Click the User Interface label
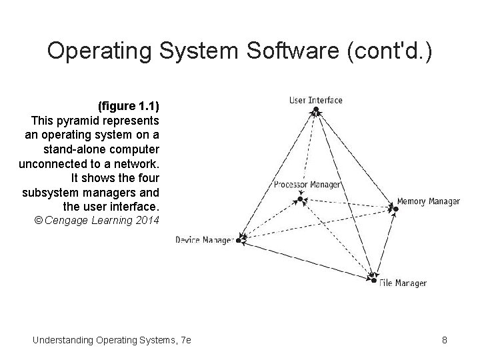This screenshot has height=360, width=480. [x=315, y=101]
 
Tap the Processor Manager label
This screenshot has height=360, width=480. [x=307, y=185]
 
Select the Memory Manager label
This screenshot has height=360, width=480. [x=428, y=201]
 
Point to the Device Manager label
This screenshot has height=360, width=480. [x=203, y=240]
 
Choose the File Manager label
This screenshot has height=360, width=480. [x=403, y=283]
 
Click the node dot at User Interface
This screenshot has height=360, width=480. [x=316, y=111]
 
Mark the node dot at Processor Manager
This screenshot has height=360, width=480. [x=301, y=199]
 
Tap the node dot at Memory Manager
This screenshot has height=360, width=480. [x=395, y=209]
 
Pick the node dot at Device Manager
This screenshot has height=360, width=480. [x=240, y=238]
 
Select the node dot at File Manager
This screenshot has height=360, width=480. [x=373, y=281]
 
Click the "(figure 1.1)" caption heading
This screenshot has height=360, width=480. [x=129, y=107]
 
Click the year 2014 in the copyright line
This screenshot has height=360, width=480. [x=146, y=221]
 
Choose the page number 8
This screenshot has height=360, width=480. [x=445, y=341]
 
